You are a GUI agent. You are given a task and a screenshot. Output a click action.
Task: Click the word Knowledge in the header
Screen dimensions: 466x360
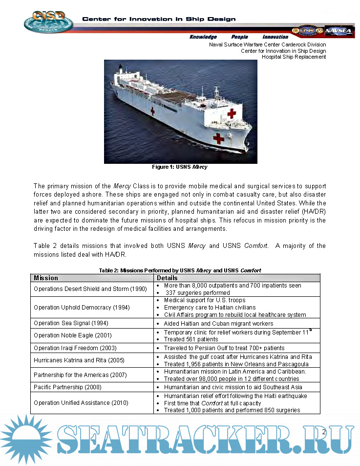[x=203, y=37]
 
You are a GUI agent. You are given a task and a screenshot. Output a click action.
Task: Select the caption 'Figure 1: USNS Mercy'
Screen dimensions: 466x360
[x=180, y=167]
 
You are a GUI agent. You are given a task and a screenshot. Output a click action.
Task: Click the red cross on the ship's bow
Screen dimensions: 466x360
[x=218, y=138]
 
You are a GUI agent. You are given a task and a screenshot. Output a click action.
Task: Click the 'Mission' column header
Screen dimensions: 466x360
[x=46, y=278]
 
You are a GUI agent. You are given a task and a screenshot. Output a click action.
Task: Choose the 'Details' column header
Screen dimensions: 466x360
[x=167, y=278]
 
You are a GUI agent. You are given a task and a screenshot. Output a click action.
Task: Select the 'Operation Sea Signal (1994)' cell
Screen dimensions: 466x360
[x=71, y=323]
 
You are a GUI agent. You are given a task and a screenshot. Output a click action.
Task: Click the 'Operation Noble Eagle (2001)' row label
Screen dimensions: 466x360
[x=73, y=335]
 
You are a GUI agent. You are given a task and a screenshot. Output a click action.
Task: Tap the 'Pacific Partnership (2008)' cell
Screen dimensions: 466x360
[x=68, y=387]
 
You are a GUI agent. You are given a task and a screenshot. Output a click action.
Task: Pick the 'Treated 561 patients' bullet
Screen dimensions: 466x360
[x=191, y=339]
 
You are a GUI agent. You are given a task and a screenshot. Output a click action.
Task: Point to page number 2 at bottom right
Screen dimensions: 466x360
[x=323, y=432]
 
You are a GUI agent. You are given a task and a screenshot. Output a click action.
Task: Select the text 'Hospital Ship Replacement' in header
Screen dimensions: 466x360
[x=294, y=57]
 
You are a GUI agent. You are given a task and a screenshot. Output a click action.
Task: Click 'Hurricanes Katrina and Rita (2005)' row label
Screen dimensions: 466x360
[x=79, y=360]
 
